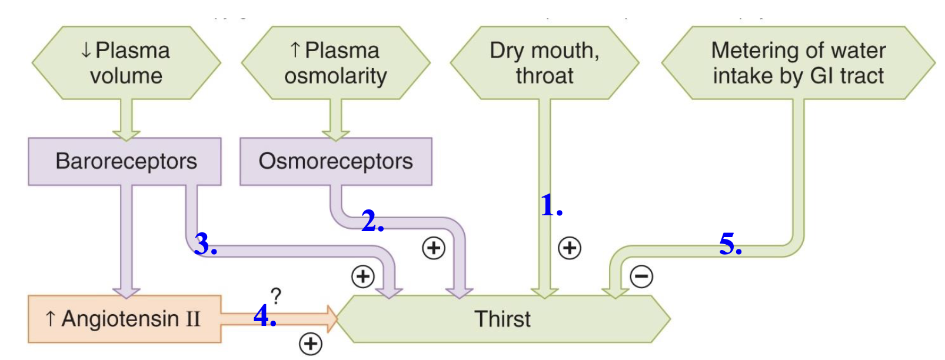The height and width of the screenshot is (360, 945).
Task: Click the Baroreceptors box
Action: point(125,161)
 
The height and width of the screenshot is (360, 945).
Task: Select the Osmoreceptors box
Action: point(335,161)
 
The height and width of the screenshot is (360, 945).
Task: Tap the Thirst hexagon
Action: point(502,319)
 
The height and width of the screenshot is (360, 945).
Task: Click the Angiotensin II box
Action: point(124,319)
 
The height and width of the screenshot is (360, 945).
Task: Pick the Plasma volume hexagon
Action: point(126,63)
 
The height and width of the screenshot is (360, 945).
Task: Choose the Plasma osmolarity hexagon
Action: point(335,63)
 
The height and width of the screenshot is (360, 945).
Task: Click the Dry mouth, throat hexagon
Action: point(544,63)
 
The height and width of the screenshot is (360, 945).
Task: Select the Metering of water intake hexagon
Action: point(798,63)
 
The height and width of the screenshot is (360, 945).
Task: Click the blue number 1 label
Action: point(551,205)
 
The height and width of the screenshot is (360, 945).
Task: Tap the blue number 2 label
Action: point(372,221)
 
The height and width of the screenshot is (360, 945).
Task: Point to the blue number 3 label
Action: point(205,244)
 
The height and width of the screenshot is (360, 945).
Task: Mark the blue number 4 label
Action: point(264,316)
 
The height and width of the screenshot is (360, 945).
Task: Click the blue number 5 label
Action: point(730,244)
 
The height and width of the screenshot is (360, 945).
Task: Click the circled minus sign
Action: point(641,276)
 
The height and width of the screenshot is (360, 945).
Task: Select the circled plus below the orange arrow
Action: point(310,344)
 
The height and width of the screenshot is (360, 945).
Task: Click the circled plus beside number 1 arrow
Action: point(569,248)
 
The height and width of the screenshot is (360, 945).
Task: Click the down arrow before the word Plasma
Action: point(86,51)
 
